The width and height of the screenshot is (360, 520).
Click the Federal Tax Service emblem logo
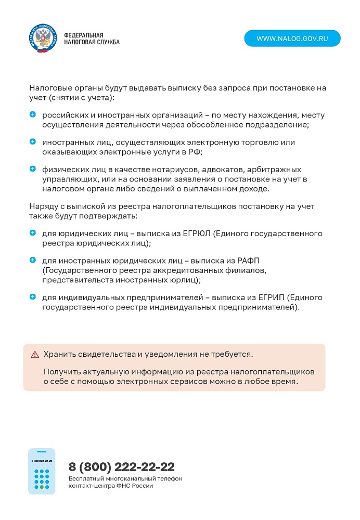pos(42,38)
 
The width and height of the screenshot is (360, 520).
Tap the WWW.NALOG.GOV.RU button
pos(292,38)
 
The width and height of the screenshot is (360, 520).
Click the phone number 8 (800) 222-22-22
pos(121,466)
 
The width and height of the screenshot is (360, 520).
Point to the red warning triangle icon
pos(35,355)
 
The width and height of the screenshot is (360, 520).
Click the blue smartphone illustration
pos(42,471)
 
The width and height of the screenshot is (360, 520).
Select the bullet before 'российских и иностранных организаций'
pos(33,114)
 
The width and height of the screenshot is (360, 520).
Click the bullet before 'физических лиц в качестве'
pos(33,169)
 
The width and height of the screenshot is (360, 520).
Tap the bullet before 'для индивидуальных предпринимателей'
pos(33,297)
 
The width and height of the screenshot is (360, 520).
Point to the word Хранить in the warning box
pos(60,354)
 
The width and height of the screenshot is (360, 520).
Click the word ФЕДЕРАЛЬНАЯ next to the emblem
pos(84,35)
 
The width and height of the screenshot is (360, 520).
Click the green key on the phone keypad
pos(42,487)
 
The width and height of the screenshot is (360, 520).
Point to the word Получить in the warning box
pos(61,372)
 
